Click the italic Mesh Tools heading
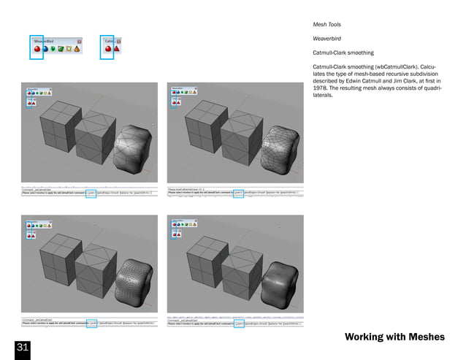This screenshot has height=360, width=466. coord(327,25)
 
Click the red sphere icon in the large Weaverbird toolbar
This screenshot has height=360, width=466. coord(37,50)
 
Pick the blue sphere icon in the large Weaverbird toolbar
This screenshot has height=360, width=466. coord(46,50)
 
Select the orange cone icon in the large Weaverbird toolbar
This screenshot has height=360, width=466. coord(76,50)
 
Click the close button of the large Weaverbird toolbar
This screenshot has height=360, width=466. coord(79,41)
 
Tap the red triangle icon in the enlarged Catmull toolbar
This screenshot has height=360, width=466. coord(116,50)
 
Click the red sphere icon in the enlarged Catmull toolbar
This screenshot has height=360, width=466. coord(107,50)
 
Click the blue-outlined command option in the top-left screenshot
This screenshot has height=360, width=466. coord(91,193)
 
